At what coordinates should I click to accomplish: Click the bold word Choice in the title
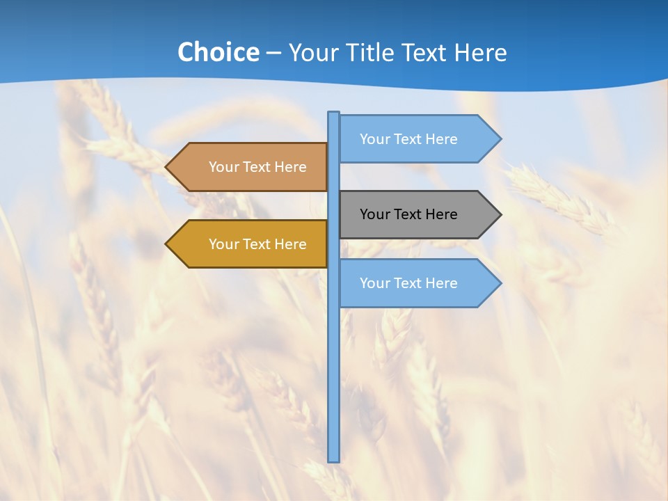[218, 52]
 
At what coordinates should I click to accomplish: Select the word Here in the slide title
[480, 53]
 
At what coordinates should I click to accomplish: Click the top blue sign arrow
[417, 138]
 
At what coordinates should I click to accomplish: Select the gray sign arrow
[417, 214]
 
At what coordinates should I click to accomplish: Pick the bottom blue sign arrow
[417, 283]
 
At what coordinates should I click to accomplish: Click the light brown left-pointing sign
[250, 167]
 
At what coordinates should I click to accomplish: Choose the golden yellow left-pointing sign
[250, 244]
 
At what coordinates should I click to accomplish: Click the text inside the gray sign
[408, 214]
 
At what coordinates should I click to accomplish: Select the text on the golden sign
[257, 244]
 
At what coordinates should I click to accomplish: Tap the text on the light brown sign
[257, 167]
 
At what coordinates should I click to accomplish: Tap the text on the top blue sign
[408, 139]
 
